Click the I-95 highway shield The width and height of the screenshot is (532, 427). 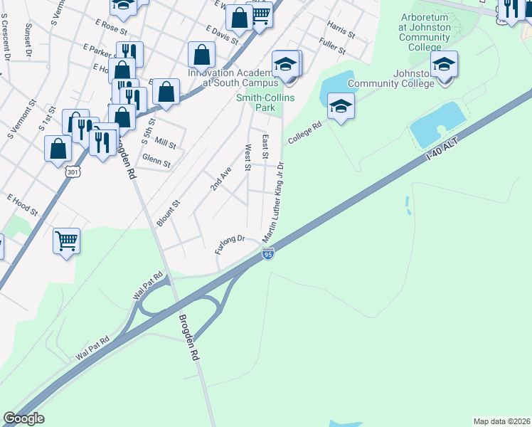(x=267, y=254)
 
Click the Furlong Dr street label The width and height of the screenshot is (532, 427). (x=230, y=244)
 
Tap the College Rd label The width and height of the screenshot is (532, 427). (x=304, y=133)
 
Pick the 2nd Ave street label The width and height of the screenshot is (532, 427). (x=221, y=179)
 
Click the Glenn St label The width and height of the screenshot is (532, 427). (x=156, y=163)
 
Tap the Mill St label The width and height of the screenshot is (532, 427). (x=165, y=144)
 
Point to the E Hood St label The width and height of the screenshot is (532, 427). (x=22, y=204)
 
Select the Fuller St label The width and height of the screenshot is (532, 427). (x=332, y=48)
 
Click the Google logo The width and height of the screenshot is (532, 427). (x=23, y=418)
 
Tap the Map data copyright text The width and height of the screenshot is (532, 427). (x=501, y=421)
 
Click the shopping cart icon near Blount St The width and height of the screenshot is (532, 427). (x=66, y=241)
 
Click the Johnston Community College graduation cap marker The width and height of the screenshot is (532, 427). (x=444, y=65)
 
